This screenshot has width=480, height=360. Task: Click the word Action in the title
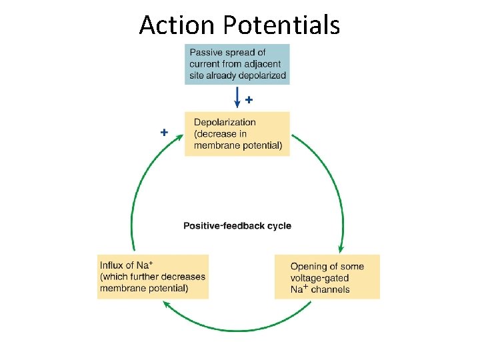[178, 25]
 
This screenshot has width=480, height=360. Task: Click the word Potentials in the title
[282, 25]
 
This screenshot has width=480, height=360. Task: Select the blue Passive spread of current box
[237, 64]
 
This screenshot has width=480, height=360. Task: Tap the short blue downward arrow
[238, 98]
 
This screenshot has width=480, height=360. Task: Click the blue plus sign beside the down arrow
[249, 100]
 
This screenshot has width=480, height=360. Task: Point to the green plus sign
[164, 132]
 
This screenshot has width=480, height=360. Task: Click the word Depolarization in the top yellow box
[225, 122]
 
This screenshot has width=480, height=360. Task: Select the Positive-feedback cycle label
[237, 225]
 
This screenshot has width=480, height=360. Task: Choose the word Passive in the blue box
[207, 52]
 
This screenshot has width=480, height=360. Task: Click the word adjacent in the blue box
[266, 64]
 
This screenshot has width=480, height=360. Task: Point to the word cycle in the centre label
[279, 225]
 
